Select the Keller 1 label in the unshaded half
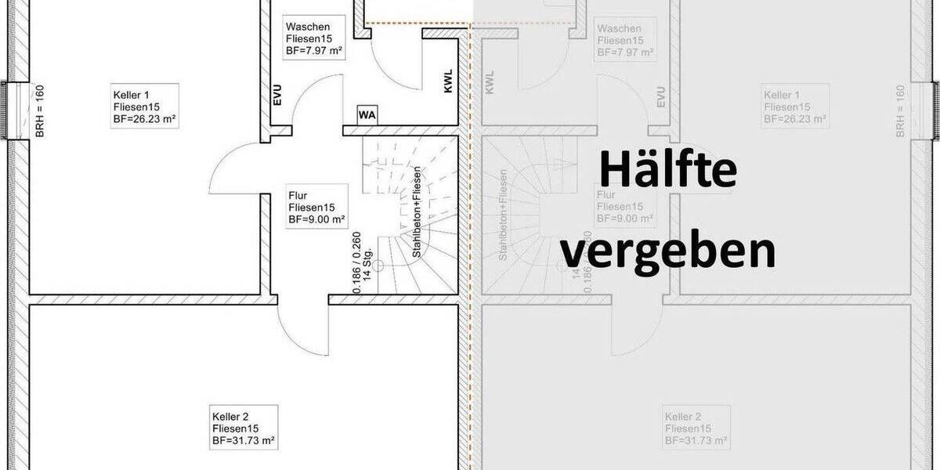131,94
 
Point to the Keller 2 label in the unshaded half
230,416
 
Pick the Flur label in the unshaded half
297,195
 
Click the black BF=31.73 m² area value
243,441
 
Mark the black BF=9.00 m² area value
316,220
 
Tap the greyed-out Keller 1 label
780,94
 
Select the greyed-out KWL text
490,83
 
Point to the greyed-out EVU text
661,96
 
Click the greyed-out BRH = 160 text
900,112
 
